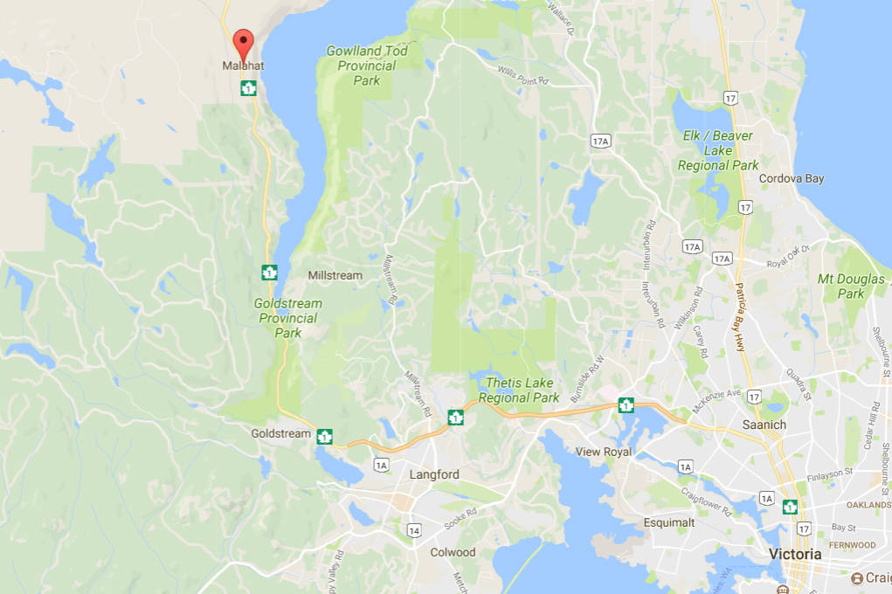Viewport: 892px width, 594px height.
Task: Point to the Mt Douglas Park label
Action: (x=852, y=287)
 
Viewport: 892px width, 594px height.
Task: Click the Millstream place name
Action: (x=335, y=275)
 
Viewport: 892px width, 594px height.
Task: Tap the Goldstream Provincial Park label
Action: (x=287, y=318)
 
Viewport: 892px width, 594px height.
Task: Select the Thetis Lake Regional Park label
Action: (x=522, y=390)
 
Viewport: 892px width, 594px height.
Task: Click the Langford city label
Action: (x=434, y=474)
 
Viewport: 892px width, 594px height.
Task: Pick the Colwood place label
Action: (x=453, y=552)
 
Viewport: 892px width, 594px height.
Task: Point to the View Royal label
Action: (x=603, y=452)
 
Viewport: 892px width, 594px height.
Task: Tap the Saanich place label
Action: (x=764, y=425)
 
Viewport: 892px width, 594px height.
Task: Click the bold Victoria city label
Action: (x=795, y=554)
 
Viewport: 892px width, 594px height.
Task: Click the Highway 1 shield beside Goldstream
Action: (x=325, y=436)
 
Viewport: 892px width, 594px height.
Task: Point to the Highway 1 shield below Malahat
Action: (x=248, y=87)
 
